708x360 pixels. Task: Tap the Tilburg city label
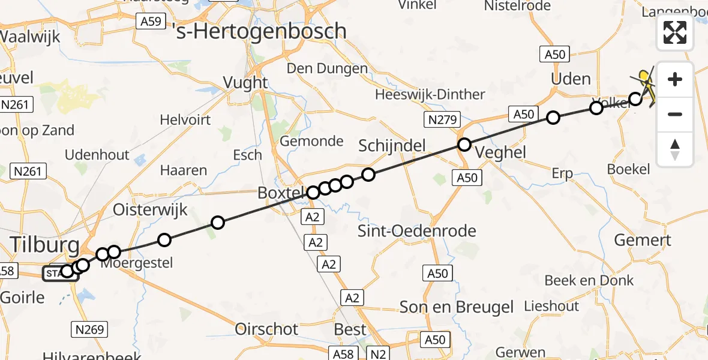pyautogui.click(x=44, y=245)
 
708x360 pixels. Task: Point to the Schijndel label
pyautogui.click(x=392, y=145)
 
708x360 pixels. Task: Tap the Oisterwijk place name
pyautogui.click(x=151, y=210)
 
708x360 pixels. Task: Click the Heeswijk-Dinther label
pyautogui.click(x=430, y=95)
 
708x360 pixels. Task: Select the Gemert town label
pyautogui.click(x=643, y=241)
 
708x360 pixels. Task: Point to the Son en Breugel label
pyautogui.click(x=457, y=307)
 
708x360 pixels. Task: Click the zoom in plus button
pyautogui.click(x=675, y=79)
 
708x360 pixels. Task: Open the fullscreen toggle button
pyautogui.click(x=675, y=32)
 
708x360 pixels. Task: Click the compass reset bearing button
pyautogui.click(x=675, y=149)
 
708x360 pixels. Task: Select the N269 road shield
pyautogui.click(x=90, y=329)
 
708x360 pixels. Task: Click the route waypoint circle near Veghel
pyautogui.click(x=464, y=145)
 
